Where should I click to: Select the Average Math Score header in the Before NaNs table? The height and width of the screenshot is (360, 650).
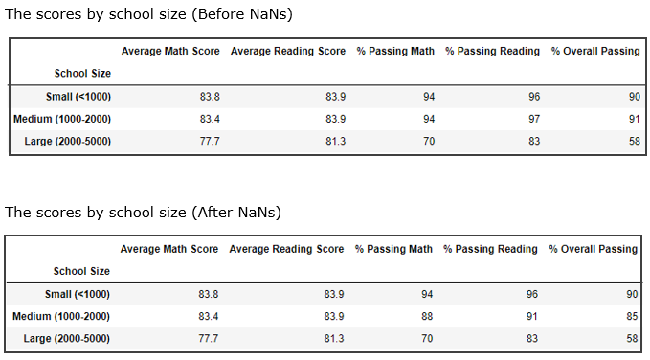pos(170,51)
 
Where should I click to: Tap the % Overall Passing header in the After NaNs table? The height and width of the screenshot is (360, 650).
pos(593,249)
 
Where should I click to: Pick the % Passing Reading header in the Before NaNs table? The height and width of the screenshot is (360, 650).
pos(492,51)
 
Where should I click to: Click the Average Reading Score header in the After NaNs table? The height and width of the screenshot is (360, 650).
pos(286,249)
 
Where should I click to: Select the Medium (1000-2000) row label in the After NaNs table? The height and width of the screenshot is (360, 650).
pos(61,316)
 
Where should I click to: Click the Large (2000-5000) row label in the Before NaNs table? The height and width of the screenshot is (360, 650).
pos(64,141)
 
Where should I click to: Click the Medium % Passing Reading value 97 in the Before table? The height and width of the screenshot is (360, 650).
pos(533,119)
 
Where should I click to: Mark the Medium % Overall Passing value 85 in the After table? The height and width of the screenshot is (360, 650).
pos(631,316)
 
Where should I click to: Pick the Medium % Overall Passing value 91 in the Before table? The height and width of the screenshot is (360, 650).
pos(633,119)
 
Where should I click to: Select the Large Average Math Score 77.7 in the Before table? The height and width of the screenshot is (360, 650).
pos(211,141)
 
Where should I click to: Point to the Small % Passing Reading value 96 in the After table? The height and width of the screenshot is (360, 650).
pos(531,294)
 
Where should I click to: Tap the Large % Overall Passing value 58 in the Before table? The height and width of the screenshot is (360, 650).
pos(633,141)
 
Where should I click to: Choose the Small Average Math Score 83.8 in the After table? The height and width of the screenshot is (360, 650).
pos(211,294)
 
